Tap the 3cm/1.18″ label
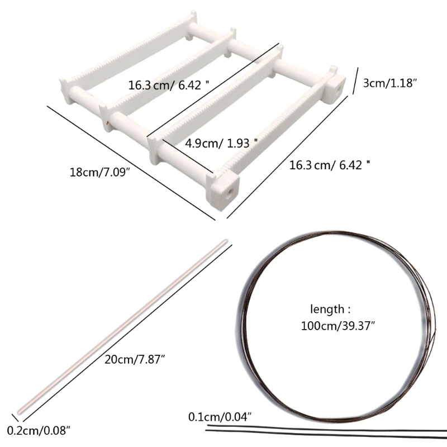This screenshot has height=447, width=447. tap(389, 83)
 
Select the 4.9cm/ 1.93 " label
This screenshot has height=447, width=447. tap(221, 143)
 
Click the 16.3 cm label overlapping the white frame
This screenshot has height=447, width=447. tap(168, 85)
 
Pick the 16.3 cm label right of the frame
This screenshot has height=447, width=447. tap(329, 165)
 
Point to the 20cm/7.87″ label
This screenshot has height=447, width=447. tap(135, 359)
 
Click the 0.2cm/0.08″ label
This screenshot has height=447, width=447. tap(39, 430)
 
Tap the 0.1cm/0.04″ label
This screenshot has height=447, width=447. tap(220, 417)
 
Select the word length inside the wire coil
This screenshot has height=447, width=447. tap(327, 310)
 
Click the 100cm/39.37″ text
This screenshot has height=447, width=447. tap(338, 326)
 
